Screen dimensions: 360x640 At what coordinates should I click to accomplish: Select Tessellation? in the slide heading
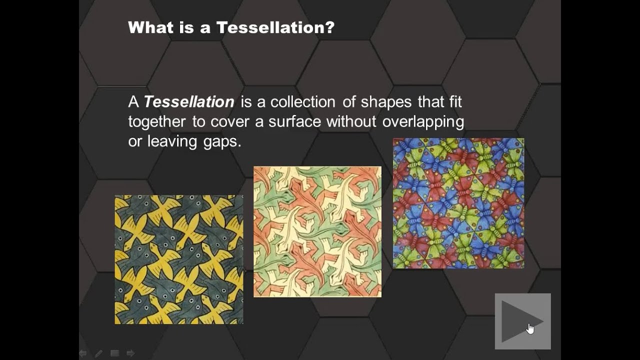click(275, 27)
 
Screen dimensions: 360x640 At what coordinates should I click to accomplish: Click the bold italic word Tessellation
click(189, 102)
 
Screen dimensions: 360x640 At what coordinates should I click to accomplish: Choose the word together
click(157, 122)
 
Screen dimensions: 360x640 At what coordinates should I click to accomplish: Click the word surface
click(295, 122)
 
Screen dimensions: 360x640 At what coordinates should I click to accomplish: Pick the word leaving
click(172, 141)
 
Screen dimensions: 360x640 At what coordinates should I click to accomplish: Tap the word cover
click(231, 122)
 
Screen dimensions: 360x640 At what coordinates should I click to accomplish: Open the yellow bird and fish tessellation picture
click(179, 259)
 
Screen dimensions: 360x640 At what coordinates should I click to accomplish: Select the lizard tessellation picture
click(317, 231)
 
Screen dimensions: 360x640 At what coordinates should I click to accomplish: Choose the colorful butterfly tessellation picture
click(458, 203)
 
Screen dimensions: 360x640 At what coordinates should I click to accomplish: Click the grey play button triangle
click(520, 321)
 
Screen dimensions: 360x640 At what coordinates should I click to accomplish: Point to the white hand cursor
click(530, 328)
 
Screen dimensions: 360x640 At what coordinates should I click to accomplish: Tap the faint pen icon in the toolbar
click(98, 353)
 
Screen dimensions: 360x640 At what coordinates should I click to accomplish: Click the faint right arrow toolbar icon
click(130, 353)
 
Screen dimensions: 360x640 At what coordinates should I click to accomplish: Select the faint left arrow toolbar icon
click(83, 353)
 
